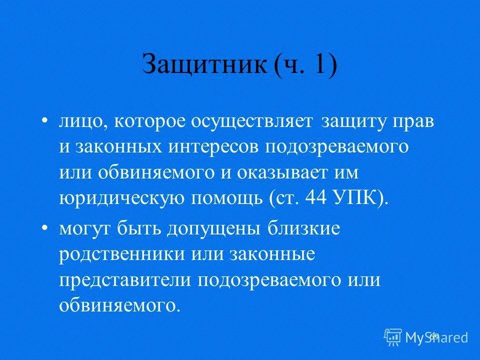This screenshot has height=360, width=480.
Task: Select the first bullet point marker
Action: coord(45,121)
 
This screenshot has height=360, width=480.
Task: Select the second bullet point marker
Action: coord(45,228)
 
